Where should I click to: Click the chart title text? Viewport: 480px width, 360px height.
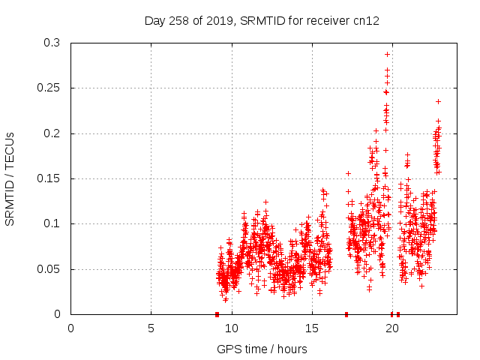coord(262,21)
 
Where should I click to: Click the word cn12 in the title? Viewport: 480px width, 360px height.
coord(366,21)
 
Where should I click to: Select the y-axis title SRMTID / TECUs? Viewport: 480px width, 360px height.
coord(10,178)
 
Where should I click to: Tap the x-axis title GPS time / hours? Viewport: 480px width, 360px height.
coord(262,349)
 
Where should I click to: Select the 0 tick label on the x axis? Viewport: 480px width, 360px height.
coord(71,328)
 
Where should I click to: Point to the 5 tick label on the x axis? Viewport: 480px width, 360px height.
coord(151,328)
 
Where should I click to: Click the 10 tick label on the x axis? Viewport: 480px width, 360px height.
coord(232,328)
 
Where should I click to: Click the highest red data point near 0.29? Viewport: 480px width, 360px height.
coord(387,54)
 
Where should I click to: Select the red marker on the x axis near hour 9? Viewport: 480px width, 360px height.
coord(217,314)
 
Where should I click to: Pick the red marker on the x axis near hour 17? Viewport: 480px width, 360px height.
coord(346,314)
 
